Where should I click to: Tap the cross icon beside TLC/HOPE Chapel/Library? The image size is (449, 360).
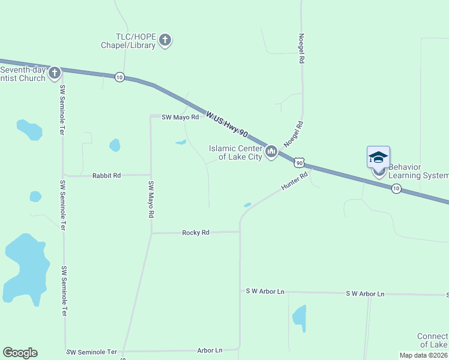point(165,41)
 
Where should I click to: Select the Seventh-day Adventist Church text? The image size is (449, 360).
point(23,74)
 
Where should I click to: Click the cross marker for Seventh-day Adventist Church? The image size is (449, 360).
point(55,73)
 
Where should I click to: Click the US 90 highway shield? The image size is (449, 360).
point(300,163)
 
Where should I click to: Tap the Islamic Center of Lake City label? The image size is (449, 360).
point(235,152)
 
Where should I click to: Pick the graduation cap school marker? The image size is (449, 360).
point(378,157)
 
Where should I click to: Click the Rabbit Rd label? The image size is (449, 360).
point(106,176)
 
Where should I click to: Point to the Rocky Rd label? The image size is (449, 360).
point(196,232)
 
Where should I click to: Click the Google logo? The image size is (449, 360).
point(20,353)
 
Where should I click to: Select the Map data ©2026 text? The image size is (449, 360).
point(424,355)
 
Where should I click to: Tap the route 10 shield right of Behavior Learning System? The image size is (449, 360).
point(396,188)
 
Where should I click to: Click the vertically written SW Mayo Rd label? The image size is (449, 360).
point(151,199)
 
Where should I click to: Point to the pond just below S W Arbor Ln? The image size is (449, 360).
point(299,317)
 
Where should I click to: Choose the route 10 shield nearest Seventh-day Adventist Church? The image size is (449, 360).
point(119,77)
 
